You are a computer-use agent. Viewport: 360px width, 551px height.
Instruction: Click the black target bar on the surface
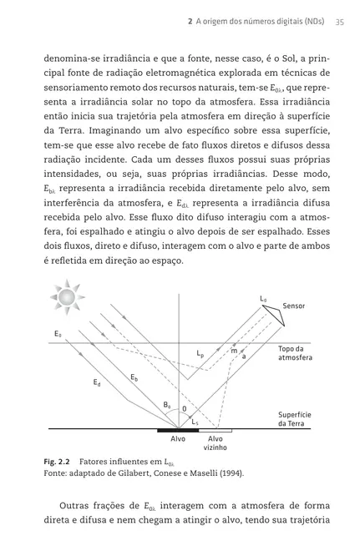point(177,430)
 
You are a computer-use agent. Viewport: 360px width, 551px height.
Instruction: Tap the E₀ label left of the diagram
point(58,334)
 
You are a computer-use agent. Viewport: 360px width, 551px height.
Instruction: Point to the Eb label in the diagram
point(133,378)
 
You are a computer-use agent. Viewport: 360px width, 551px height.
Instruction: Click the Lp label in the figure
point(200,354)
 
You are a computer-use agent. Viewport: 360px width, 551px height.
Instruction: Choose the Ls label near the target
point(195,422)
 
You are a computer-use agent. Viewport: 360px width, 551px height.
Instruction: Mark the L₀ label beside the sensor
point(263,298)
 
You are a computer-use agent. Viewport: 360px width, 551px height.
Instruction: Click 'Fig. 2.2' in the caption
point(60,461)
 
